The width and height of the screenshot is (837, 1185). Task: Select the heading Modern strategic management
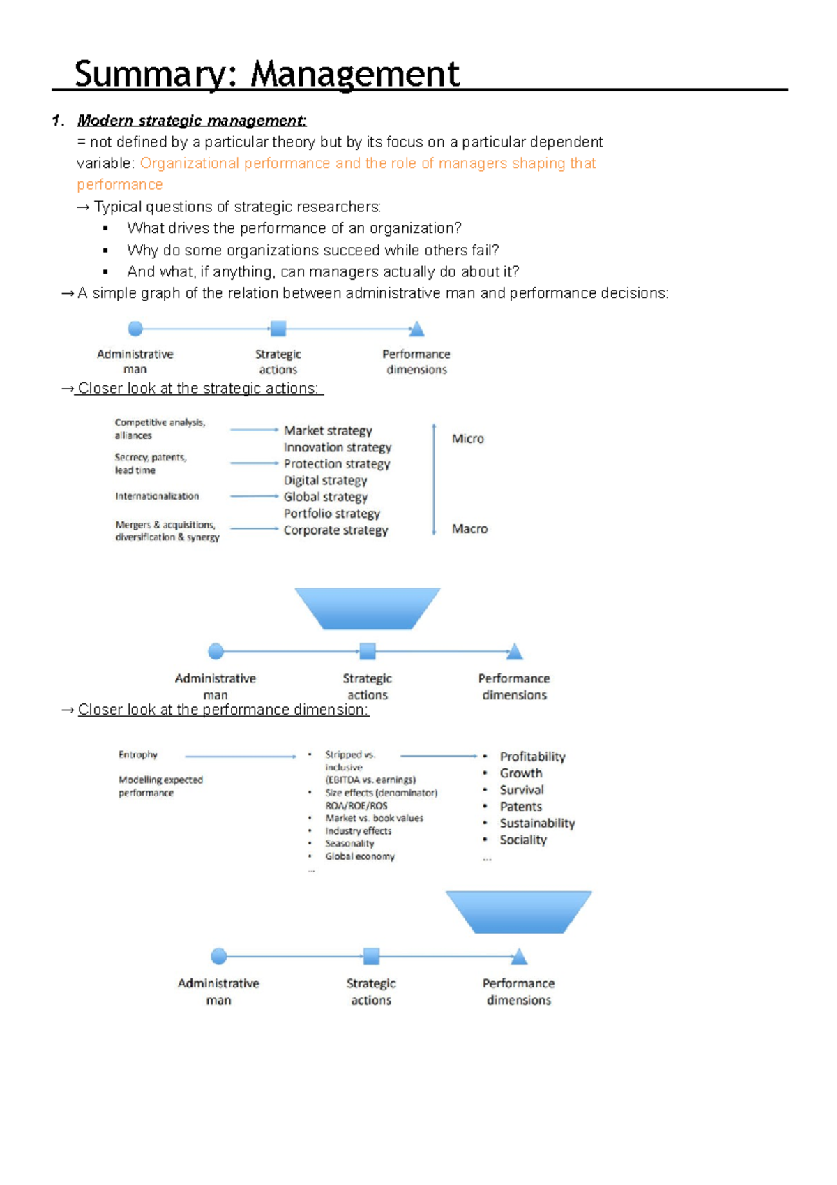[x=191, y=121]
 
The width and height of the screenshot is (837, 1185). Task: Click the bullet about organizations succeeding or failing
[x=312, y=250]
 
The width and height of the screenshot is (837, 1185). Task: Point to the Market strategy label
[x=328, y=431]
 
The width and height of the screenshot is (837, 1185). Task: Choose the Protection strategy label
[x=336, y=463]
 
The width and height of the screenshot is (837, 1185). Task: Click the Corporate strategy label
[x=335, y=530]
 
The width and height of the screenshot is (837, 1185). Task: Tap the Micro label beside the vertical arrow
[x=467, y=439]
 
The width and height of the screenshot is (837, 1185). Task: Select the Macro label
[x=469, y=529]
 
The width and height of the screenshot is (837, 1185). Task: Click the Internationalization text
[x=157, y=496]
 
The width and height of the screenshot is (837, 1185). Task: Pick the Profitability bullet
[x=532, y=757]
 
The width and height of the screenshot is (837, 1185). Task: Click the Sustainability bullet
[x=537, y=823]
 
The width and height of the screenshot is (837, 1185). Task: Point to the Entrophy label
[x=138, y=754]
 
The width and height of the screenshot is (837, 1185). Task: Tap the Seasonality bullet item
[x=349, y=843]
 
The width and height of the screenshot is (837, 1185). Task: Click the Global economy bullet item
[x=359, y=856]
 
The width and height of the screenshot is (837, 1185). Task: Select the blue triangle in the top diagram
[x=416, y=329]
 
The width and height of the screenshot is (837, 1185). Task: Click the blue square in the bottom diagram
[x=372, y=956]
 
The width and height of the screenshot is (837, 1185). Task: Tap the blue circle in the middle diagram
[x=216, y=651]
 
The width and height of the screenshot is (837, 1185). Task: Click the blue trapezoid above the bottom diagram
[x=518, y=911]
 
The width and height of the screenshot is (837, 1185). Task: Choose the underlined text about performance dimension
[x=223, y=710]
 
